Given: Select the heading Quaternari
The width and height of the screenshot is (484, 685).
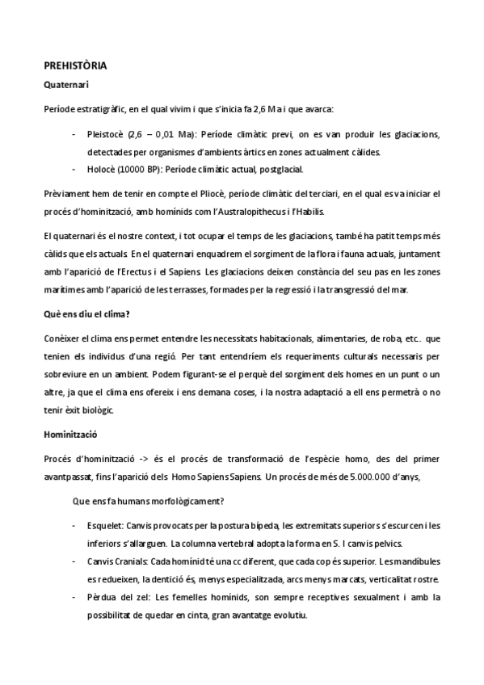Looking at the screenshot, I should click(x=65, y=83).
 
